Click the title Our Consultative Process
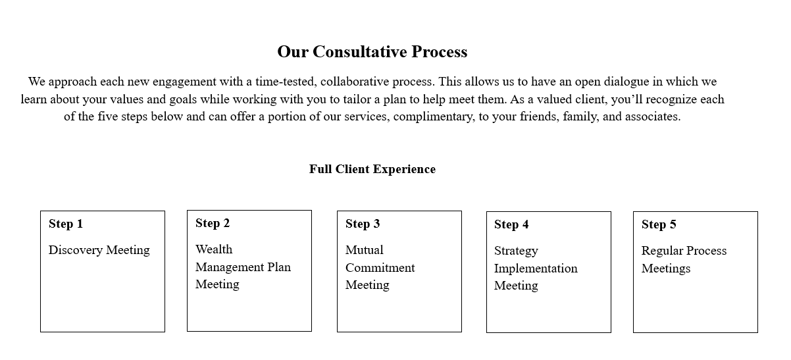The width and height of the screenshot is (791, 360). [372, 51]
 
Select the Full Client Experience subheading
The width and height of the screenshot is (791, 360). [372, 169]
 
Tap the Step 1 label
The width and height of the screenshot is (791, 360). [66, 224]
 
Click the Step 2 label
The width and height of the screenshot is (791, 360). [213, 223]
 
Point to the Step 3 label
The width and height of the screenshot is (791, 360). [363, 224]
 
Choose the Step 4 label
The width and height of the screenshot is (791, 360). [511, 224]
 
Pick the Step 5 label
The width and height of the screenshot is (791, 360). [659, 224]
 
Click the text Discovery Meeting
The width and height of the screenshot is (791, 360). [99, 250]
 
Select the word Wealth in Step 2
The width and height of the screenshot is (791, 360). [214, 249]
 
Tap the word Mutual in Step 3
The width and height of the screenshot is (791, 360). [365, 250]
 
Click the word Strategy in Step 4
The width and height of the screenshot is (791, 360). [516, 251]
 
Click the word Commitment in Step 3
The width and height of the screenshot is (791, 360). [380, 268]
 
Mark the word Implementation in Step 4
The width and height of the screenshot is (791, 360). [536, 269]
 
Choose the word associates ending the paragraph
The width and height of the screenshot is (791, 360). [651, 116]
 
